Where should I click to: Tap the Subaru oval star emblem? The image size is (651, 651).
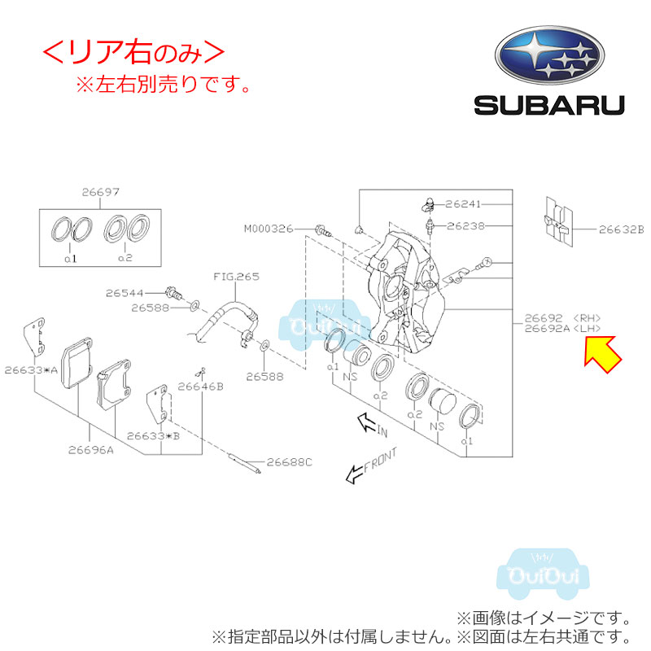(x=549, y=55)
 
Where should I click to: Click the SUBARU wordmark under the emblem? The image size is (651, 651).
(x=549, y=105)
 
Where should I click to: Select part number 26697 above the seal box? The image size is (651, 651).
(x=100, y=193)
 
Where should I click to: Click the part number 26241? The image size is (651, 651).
(x=465, y=203)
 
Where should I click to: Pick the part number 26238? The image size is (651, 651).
(x=465, y=225)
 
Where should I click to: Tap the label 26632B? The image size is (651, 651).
(x=621, y=229)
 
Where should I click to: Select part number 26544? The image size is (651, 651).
(x=126, y=291)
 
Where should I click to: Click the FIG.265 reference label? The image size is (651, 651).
(x=236, y=277)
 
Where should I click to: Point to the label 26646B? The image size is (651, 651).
(x=200, y=387)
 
